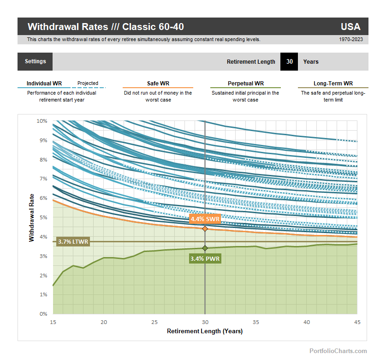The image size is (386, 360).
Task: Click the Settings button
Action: (35, 61)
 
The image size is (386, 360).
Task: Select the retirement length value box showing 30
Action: (289, 61)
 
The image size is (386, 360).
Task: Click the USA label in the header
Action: (350, 27)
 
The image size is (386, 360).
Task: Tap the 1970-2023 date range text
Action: (350, 40)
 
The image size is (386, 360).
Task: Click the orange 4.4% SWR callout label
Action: (205, 219)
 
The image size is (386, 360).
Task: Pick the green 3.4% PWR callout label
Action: (205, 259)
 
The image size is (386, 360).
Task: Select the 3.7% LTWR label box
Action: (73, 241)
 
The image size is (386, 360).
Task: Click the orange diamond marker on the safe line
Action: (205, 228)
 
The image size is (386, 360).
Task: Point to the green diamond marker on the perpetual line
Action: (205, 248)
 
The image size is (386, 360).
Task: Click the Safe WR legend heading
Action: (158, 84)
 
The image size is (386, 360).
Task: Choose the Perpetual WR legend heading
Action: (246, 84)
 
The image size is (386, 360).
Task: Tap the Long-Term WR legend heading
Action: (333, 84)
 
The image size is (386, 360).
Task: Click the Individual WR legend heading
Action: (44, 84)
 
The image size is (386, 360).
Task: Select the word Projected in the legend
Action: (88, 84)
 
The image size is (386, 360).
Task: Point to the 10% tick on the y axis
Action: (42, 121)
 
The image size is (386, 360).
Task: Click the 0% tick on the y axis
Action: (43, 314)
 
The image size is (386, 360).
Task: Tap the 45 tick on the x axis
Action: (357, 322)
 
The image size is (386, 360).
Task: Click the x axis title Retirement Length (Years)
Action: (205, 331)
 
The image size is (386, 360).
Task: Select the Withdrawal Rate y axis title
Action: (31, 217)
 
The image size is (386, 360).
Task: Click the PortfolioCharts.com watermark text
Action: (338, 351)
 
